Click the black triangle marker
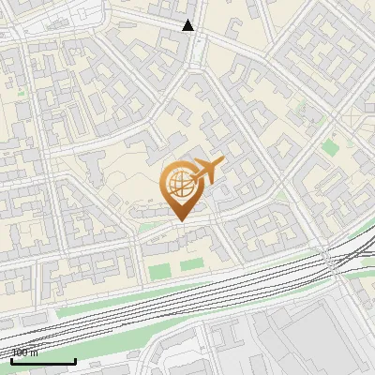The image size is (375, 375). (188, 25)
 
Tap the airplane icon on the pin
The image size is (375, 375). (206, 171)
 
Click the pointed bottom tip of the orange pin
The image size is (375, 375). (180, 220)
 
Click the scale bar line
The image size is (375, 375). (42, 361)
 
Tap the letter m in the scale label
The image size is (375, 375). (34, 353)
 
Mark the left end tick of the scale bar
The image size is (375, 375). (10, 359)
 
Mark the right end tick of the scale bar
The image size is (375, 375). (75, 359)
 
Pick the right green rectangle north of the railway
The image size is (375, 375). (192, 265)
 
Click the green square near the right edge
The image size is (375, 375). (330, 147)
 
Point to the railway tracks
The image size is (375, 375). (187, 298)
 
